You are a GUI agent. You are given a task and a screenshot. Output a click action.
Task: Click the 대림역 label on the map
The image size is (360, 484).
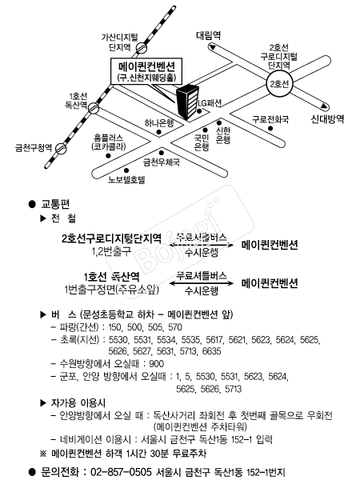click(211, 36)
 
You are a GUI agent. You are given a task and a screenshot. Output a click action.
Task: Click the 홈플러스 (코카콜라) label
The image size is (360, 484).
click(108, 142)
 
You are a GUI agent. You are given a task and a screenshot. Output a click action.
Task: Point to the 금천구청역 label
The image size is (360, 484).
click(27, 147)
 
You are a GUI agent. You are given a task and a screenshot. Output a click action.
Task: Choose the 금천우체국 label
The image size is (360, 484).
click(160, 162)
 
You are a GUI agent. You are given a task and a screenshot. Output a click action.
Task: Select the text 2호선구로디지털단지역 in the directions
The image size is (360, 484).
click(112, 238)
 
